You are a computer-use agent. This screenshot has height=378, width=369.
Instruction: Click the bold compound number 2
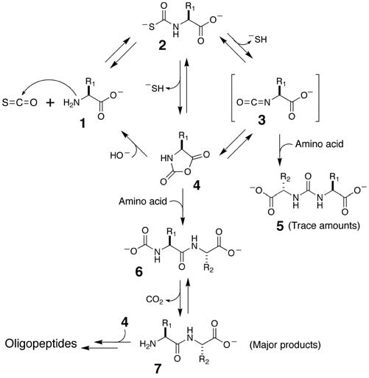click(162, 46)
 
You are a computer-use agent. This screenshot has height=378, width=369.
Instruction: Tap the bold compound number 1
click(83, 124)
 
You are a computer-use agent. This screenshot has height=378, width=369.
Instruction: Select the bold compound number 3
click(261, 120)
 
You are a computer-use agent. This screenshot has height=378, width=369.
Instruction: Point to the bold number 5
click(280, 226)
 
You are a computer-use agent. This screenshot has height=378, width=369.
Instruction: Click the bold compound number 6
click(139, 271)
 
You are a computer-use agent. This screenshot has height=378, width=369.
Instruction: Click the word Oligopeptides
click(41, 344)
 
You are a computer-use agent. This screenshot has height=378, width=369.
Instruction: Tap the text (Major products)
click(285, 345)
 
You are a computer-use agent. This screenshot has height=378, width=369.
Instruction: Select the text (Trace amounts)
click(324, 226)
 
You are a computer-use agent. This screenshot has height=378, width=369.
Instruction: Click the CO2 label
click(155, 300)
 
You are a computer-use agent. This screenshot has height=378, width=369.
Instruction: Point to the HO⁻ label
click(119, 155)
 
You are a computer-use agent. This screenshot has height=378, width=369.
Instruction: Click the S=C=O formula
click(20, 102)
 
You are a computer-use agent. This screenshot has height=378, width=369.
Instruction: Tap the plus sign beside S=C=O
click(50, 103)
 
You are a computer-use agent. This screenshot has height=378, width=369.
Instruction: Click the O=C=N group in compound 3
click(253, 102)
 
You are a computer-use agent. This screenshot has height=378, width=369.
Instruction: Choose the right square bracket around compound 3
click(317, 98)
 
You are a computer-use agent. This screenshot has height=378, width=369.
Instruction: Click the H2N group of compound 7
click(148, 343)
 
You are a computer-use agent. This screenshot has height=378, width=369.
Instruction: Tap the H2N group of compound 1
click(71, 102)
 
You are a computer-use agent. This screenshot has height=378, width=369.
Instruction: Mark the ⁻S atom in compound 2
click(149, 26)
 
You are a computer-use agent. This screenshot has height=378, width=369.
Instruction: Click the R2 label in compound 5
click(285, 177)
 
